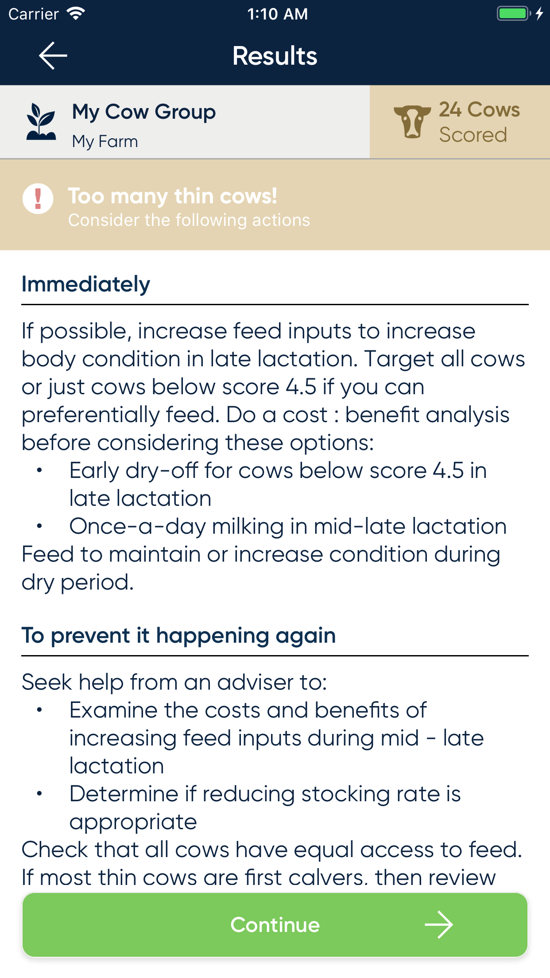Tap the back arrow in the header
(53, 56)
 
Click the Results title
(275, 56)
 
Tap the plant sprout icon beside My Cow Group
(41, 122)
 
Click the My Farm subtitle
(105, 142)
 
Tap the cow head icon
(412, 122)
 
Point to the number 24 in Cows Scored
(450, 109)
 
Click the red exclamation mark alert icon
(38, 199)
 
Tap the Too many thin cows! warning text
(173, 196)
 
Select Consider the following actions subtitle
(189, 220)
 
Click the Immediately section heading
(86, 284)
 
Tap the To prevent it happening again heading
(179, 636)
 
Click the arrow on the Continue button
(439, 925)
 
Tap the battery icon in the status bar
(514, 13)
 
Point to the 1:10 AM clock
(278, 14)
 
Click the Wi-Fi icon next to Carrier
(76, 14)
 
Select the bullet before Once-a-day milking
(39, 526)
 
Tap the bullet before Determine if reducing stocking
(39, 794)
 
